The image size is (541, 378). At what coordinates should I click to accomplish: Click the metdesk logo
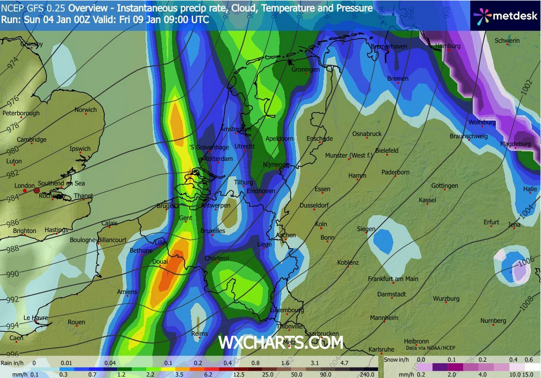505,15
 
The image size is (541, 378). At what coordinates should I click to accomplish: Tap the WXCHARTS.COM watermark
281,343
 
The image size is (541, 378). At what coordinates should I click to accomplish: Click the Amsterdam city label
235,129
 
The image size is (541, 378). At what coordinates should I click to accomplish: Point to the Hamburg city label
448,46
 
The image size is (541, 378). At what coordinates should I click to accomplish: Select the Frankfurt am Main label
393,279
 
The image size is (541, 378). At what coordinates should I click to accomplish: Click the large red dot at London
36,191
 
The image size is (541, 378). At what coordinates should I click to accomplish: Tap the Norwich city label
85,110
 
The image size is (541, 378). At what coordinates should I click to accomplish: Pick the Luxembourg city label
287,310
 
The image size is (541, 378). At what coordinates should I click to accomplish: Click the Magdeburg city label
515,144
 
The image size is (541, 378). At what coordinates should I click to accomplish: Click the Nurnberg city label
493,321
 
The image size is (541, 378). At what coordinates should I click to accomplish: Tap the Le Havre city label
36,318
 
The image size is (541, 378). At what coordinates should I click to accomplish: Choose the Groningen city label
305,69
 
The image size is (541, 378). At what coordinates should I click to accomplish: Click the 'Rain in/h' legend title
12,362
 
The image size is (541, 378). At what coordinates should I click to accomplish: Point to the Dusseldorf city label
314,206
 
